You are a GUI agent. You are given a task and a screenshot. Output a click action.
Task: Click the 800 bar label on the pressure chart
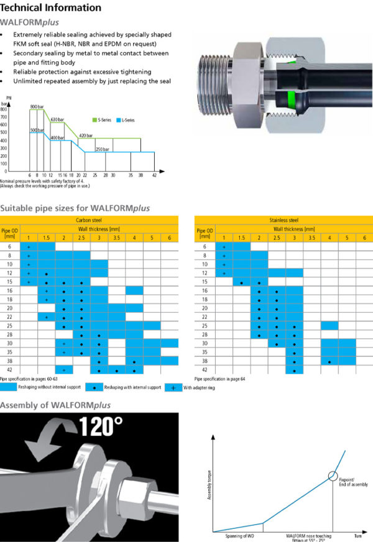(x=37, y=106)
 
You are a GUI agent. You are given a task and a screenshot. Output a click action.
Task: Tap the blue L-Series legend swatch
(x=119, y=119)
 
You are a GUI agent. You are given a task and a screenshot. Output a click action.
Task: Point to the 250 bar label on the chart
(x=103, y=149)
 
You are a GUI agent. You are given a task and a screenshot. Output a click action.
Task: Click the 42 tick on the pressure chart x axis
(x=154, y=175)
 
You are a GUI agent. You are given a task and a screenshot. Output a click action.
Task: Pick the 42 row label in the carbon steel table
(x=9, y=369)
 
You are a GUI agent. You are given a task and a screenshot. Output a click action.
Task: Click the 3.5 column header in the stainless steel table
(x=312, y=238)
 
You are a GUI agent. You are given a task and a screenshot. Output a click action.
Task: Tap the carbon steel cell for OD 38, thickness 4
(x=134, y=361)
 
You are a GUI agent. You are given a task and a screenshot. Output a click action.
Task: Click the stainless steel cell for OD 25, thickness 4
(x=329, y=326)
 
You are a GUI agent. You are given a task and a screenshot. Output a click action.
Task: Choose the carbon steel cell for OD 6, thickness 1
(x=29, y=247)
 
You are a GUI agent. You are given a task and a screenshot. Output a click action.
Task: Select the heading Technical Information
(x=51, y=7)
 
